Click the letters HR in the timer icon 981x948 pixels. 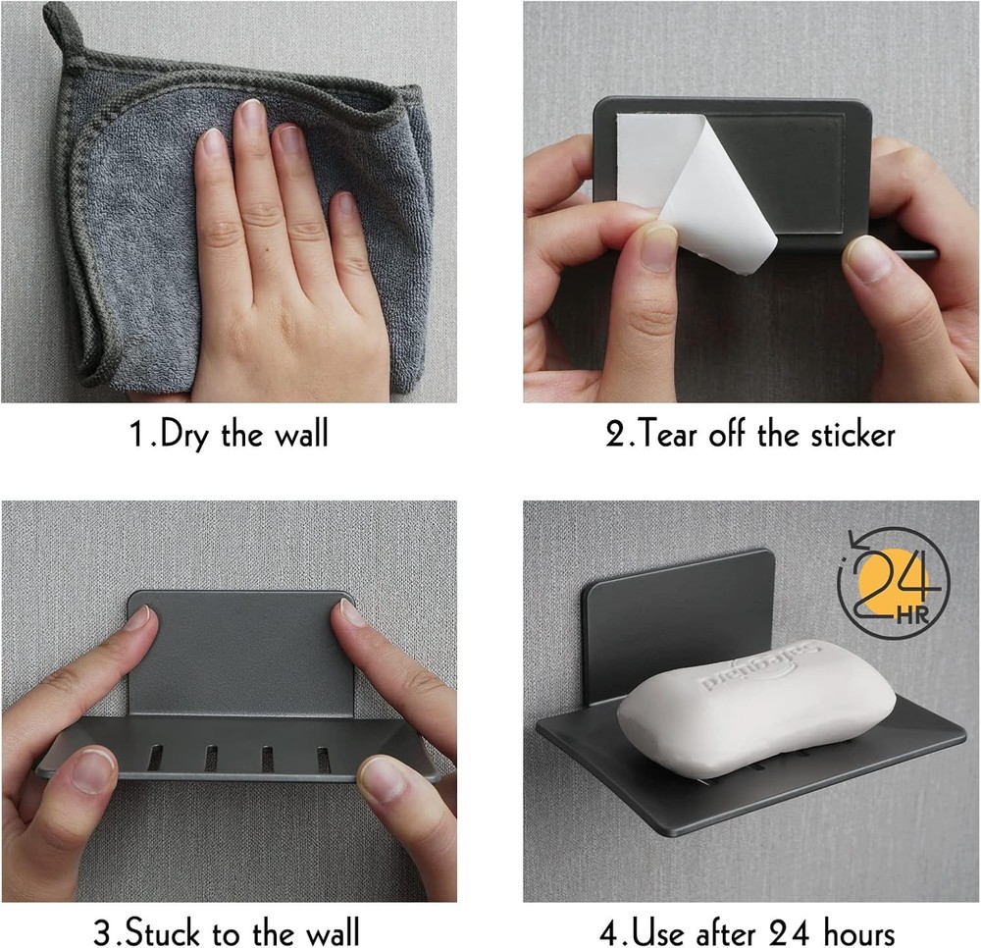click(x=913, y=615)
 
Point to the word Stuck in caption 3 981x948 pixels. click(x=163, y=932)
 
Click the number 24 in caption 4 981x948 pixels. click(x=789, y=932)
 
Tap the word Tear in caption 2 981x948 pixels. click(x=666, y=434)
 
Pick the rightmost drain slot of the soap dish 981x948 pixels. click(x=323, y=759)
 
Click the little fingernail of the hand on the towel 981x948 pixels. click(x=345, y=205)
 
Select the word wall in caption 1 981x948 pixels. click(x=301, y=434)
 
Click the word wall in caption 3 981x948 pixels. click(x=333, y=932)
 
